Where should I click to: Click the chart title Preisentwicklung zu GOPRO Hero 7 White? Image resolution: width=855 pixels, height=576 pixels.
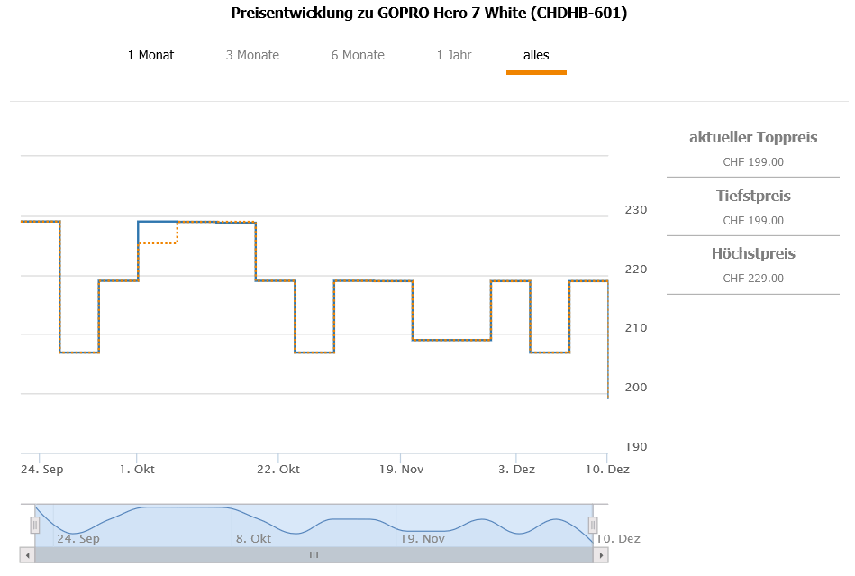[429, 14]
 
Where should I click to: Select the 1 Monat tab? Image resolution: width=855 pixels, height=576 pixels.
[150, 56]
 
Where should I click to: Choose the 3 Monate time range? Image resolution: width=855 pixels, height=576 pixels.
[252, 56]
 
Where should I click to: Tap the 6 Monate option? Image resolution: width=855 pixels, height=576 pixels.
[358, 56]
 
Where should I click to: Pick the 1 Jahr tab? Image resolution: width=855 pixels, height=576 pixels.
[454, 56]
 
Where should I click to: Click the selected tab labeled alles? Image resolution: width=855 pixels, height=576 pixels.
[536, 56]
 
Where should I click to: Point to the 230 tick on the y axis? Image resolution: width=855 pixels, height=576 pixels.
[636, 210]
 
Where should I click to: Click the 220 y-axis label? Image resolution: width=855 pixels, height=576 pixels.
[636, 270]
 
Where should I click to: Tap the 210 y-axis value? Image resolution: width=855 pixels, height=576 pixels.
[636, 328]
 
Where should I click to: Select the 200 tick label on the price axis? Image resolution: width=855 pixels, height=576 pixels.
[636, 388]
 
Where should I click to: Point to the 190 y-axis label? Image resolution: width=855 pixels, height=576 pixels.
[636, 447]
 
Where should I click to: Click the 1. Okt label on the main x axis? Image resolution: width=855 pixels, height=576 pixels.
[137, 470]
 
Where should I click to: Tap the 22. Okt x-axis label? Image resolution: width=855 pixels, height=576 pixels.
[278, 470]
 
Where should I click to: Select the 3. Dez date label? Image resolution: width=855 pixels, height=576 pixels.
[516, 470]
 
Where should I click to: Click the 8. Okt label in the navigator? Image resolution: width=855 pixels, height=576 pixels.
[253, 539]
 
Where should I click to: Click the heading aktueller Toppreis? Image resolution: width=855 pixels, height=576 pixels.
[753, 138]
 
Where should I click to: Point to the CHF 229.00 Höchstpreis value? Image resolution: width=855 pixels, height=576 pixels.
[753, 279]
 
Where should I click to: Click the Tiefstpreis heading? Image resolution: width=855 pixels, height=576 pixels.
[753, 196]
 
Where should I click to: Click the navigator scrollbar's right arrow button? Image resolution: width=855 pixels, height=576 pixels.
[601, 555]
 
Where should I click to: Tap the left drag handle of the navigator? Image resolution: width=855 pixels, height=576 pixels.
[35, 525]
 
